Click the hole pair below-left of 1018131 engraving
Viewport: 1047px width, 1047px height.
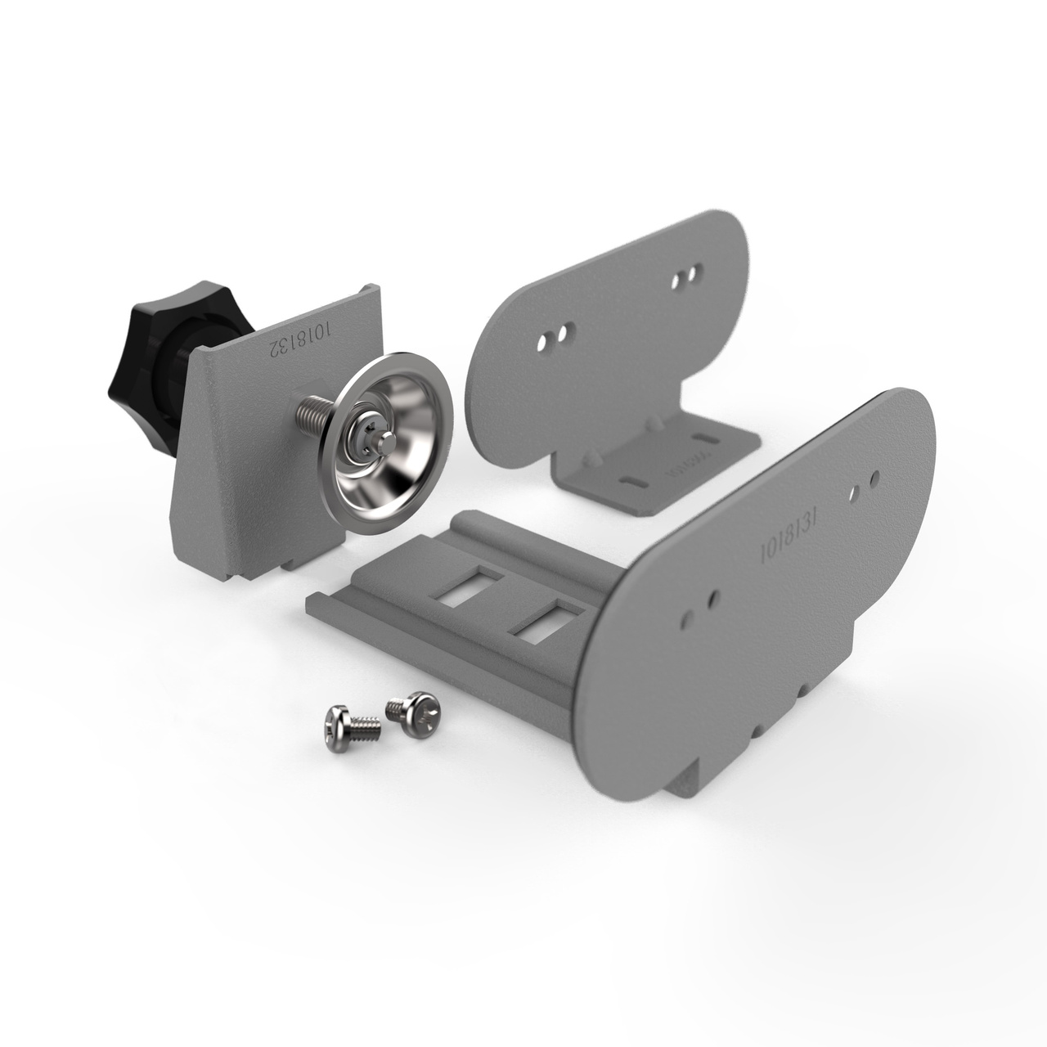[x=703, y=604]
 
